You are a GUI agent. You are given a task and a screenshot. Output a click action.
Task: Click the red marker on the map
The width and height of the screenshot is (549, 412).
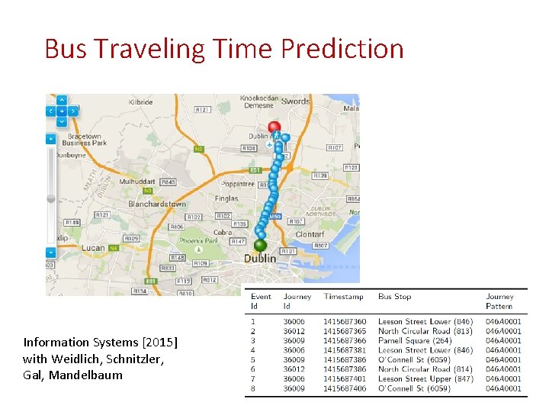(x=274, y=128)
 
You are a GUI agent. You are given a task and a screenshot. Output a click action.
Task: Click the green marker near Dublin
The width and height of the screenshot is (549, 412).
(x=260, y=245)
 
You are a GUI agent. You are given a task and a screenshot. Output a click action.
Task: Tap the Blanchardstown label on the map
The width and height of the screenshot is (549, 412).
(x=157, y=204)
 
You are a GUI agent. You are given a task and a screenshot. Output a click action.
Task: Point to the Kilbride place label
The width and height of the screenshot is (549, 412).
(x=141, y=102)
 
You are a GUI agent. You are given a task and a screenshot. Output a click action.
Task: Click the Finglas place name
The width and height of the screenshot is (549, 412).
(x=226, y=198)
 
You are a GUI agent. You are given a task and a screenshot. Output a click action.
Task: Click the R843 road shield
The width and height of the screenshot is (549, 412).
(x=168, y=182)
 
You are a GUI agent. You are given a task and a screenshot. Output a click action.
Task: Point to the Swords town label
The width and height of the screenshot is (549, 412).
(x=296, y=101)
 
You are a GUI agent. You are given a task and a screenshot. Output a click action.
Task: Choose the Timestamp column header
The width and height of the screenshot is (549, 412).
(x=344, y=297)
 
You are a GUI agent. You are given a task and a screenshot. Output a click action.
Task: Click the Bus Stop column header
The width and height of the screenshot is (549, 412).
(x=394, y=297)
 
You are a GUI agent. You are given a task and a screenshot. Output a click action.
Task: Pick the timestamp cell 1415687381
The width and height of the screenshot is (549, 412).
(x=345, y=350)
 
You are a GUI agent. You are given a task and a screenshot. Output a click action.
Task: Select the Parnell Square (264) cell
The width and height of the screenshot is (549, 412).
(x=415, y=341)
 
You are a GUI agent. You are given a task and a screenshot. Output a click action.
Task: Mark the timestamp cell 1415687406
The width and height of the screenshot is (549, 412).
(x=345, y=388)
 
